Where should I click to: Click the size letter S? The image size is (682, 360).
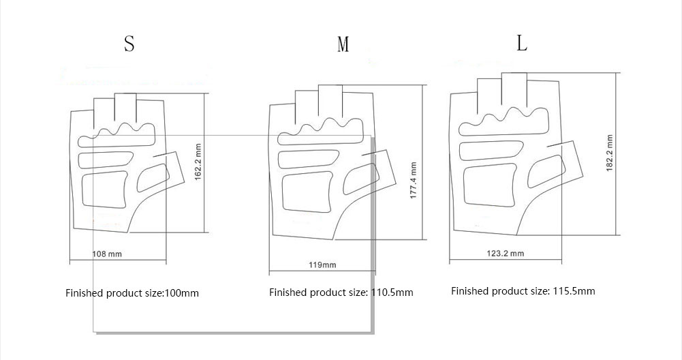[129, 44]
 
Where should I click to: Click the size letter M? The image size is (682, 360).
[343, 44]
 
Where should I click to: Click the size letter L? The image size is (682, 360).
[522, 43]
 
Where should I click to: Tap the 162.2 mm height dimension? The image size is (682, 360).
[198, 162]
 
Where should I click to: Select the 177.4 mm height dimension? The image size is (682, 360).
[414, 181]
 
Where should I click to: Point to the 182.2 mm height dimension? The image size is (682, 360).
[610, 153]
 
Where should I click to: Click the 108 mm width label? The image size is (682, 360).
[108, 254]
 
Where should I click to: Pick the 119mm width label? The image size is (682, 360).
[322, 265]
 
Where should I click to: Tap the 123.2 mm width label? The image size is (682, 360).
[506, 253]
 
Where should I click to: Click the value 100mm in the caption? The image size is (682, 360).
[181, 293]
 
